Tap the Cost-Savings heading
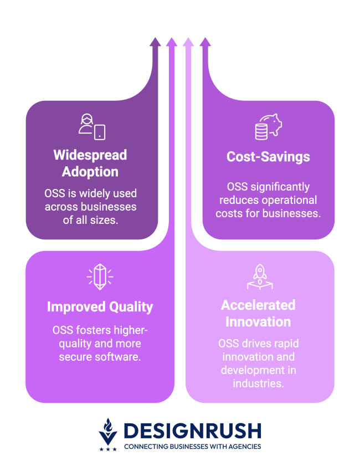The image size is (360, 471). tap(268, 157)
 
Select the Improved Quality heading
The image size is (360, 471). tap(100, 307)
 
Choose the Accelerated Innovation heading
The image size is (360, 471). tap(258, 313)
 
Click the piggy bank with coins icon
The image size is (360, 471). tap(268, 127)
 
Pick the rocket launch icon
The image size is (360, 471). tap(260, 277)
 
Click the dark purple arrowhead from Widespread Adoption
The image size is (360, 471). tap(156, 42)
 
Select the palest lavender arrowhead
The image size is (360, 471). tap(188, 42)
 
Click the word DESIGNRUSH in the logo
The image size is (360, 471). tap(193, 430)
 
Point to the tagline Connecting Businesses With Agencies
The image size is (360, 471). tap(192, 446)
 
